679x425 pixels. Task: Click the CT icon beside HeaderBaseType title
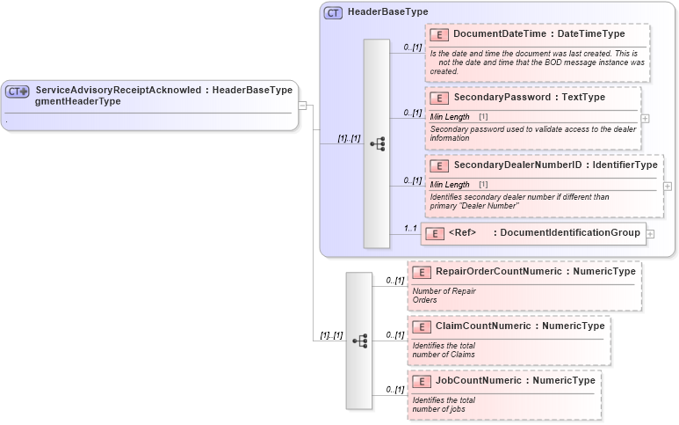pyautogui.click(x=333, y=13)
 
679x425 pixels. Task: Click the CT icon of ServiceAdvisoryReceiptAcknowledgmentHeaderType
pyautogui.click(x=18, y=91)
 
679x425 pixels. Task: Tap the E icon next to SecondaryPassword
pyautogui.click(x=439, y=97)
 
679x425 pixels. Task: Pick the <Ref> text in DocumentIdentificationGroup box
pyautogui.click(x=462, y=233)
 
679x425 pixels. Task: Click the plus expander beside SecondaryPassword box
pyautogui.click(x=646, y=117)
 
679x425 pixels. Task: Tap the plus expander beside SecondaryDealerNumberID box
pyautogui.click(x=668, y=186)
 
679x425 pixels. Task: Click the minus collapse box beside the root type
pyautogui.click(x=302, y=106)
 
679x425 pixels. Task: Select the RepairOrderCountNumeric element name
pyautogui.click(x=498, y=272)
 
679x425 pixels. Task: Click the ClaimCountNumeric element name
pyautogui.click(x=483, y=326)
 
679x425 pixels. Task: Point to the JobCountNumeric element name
pyautogui.click(x=479, y=381)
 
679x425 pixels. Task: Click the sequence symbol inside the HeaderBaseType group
pyautogui.click(x=378, y=143)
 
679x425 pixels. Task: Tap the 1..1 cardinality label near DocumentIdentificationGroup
pyautogui.click(x=410, y=229)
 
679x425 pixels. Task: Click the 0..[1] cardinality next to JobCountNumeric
pyautogui.click(x=394, y=389)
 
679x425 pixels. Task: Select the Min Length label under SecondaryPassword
pyautogui.click(x=450, y=117)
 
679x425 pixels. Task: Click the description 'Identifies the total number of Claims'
pyautogui.click(x=444, y=350)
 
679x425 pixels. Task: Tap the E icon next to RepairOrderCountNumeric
pyautogui.click(x=421, y=273)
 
